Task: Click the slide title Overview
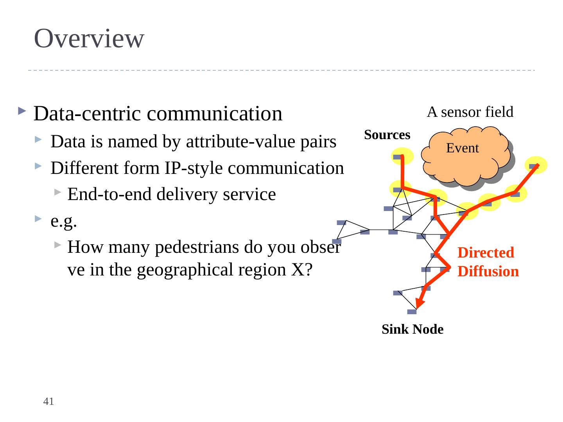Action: [x=89, y=39]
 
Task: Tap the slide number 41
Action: [x=48, y=401]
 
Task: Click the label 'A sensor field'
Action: [x=470, y=113]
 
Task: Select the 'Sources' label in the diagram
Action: [x=387, y=135]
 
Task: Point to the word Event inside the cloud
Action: [x=463, y=148]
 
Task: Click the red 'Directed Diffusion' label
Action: [x=488, y=262]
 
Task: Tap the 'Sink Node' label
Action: [x=412, y=330]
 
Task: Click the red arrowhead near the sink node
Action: [x=420, y=302]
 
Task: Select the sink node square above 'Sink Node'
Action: [x=412, y=311]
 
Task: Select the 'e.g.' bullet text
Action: [x=64, y=221]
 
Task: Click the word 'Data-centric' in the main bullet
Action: [x=87, y=114]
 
